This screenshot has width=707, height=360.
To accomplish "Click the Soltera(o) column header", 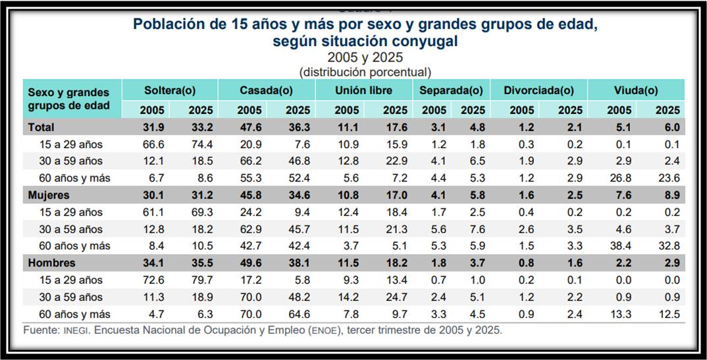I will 170,90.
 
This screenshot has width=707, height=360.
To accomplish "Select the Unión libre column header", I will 364,90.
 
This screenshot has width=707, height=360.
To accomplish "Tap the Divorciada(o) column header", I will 538,90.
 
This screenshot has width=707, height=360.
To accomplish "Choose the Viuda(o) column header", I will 635,90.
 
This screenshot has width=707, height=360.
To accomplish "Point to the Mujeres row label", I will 48,195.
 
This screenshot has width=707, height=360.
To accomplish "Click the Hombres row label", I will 50,263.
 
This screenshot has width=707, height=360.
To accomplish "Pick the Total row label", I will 41,127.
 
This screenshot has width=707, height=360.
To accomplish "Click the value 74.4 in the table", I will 201,144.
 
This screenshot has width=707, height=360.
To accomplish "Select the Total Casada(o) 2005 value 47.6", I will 249,127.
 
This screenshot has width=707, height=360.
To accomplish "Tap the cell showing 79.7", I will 201,280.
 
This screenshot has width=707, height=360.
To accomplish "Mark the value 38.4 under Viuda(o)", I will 619,246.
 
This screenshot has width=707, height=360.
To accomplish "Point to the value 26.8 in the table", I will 619,178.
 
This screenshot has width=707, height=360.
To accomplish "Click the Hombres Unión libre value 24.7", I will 395,297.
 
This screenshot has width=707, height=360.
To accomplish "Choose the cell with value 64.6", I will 299,315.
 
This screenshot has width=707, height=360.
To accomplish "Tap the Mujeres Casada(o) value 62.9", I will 249,230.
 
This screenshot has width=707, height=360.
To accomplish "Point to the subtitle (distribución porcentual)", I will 365,72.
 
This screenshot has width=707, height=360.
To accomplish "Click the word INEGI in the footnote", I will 78,330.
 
